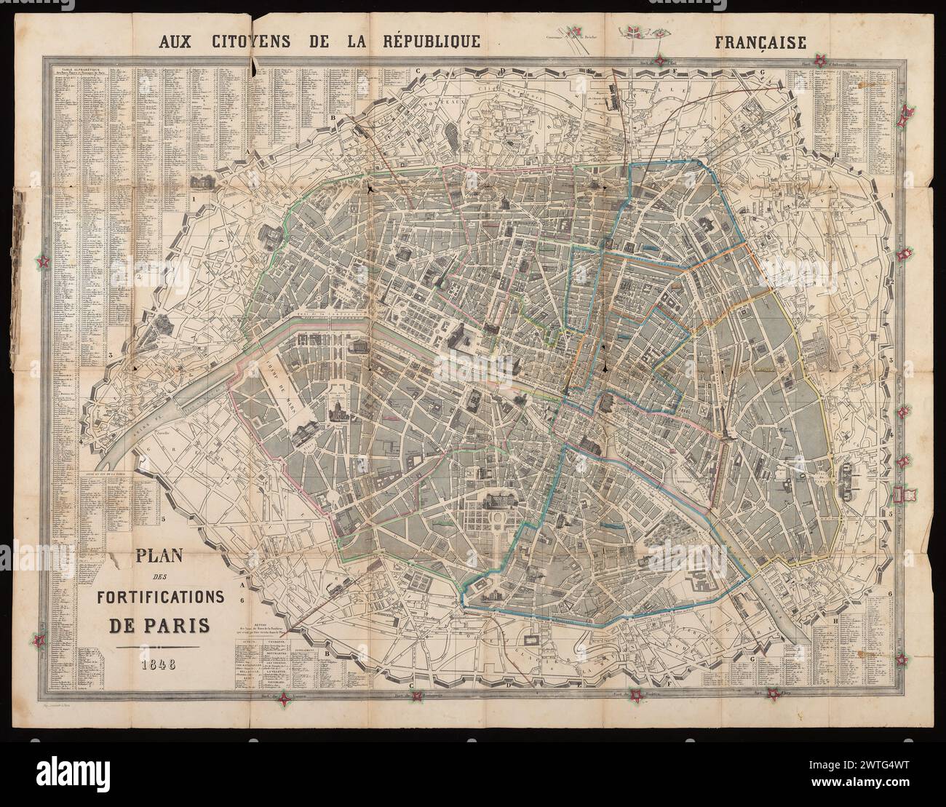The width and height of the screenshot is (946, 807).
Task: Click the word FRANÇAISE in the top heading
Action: click(x=760, y=42)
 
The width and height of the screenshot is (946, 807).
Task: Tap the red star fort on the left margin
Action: click(x=45, y=261)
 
